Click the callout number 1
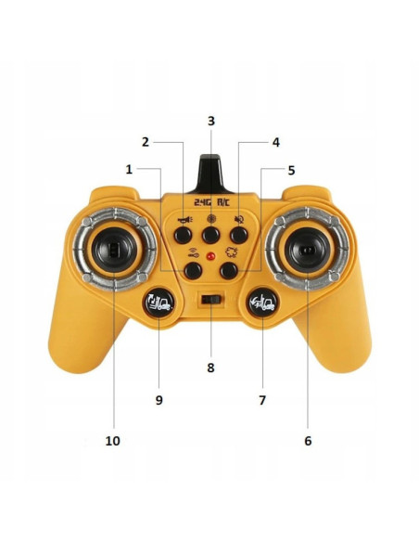pos(129,170)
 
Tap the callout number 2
pos(146,142)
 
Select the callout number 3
pos(210,121)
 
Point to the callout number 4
pos(275,142)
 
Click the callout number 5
pos(291,170)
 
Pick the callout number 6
pos(308,441)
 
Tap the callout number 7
pos(262,400)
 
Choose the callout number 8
pos(210,368)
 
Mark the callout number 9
pos(159,400)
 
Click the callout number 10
pos(112,441)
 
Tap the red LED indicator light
pos(210,256)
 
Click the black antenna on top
pos(210,174)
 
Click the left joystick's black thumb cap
pos(115,249)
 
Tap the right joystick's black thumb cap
pos(307,250)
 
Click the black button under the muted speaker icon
pos(239,236)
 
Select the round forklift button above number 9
pos(159,303)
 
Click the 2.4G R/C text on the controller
pos(211,202)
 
